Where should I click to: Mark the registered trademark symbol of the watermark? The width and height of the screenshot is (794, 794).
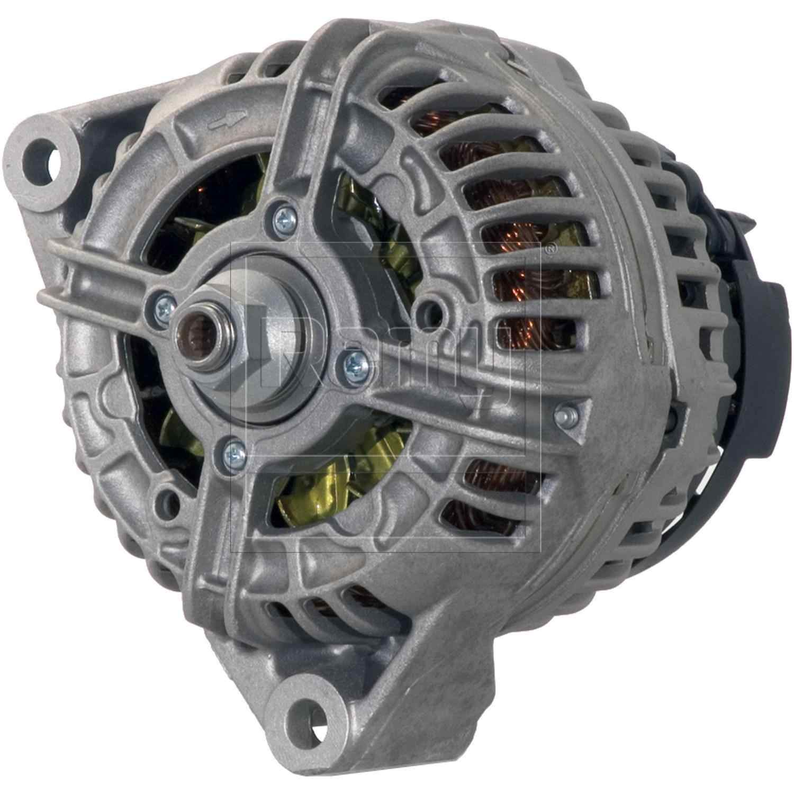tap(550, 248)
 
